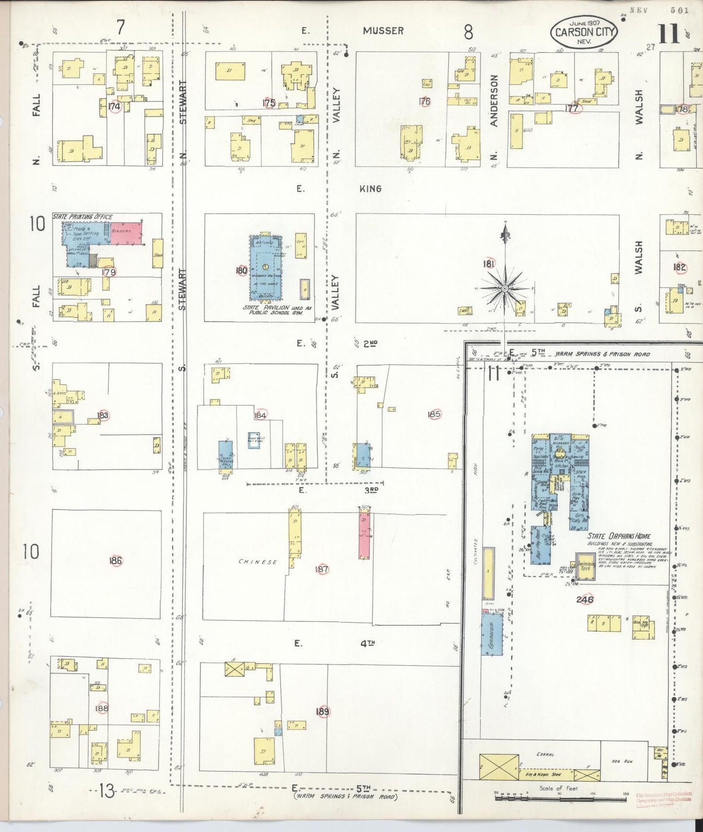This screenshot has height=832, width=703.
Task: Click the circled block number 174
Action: point(115,106)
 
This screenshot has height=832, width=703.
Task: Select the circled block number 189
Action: point(323,712)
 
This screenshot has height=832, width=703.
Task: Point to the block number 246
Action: point(584,599)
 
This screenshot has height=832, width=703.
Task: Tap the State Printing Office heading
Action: point(83,217)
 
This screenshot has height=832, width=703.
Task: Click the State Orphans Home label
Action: point(619,536)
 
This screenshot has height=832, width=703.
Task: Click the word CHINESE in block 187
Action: point(257,562)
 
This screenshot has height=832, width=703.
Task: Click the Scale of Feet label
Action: point(558,788)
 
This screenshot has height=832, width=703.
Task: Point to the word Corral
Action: point(545,755)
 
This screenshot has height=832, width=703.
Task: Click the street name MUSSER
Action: point(383,31)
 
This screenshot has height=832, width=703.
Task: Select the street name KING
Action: point(370,188)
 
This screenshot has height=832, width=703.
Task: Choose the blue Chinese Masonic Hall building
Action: point(225,455)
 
